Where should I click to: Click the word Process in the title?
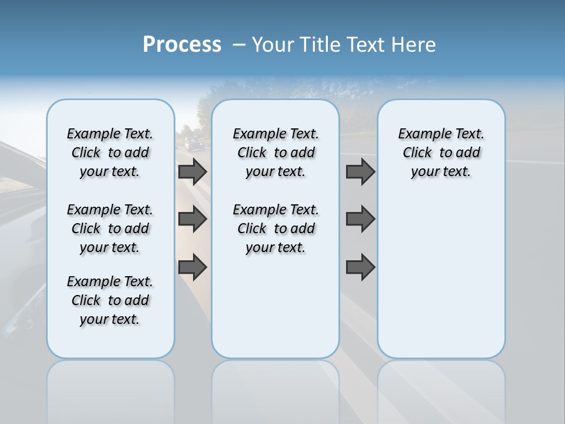coord(182,45)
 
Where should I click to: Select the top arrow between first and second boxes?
coord(192,171)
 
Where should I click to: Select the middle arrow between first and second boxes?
coord(192,219)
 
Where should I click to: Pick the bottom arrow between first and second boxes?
coord(192,267)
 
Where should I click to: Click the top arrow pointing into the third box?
coord(361,171)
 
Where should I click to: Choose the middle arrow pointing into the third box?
coord(361,219)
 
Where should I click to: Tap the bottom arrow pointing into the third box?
coord(361,267)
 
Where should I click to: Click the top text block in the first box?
coord(110,153)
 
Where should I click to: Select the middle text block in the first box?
coord(110,228)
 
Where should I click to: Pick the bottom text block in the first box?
coord(110,300)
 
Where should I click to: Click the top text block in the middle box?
coord(275,153)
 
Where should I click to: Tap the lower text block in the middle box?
coord(275,228)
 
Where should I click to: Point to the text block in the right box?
coord(441,153)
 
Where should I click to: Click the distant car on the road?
coord(192,144)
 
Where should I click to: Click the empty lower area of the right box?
coord(441,283)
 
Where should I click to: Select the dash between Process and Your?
coord(239,45)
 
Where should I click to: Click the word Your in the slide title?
coord(273,45)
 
